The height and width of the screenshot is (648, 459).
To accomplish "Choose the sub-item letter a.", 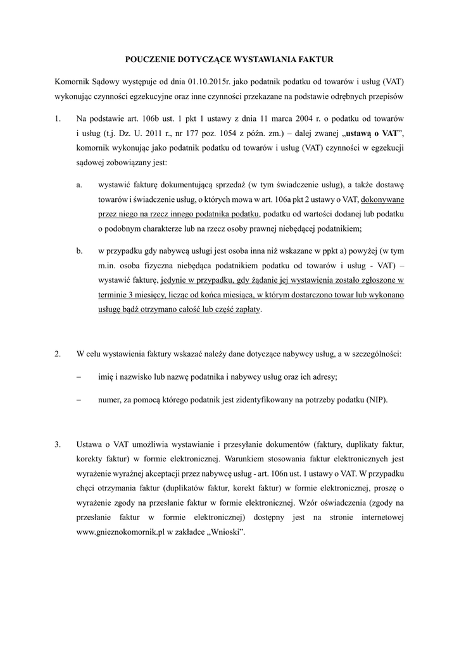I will pyautogui.click(x=79, y=184).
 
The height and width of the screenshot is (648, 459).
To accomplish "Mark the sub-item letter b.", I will pyautogui.click(x=79, y=251).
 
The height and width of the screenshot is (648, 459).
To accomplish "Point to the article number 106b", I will pyautogui.click(x=155, y=118).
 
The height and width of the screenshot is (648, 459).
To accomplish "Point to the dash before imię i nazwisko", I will pyautogui.click(x=79, y=377).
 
